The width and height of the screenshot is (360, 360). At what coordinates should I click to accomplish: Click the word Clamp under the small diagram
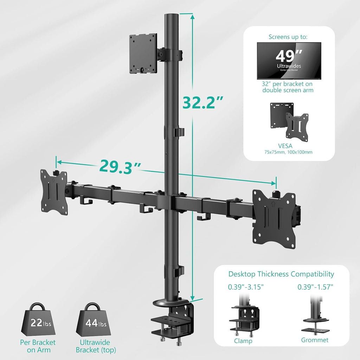tap(243, 340)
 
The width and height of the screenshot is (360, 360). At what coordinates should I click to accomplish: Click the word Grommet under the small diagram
tap(315, 340)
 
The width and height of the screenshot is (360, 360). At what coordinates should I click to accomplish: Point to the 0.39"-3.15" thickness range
tap(246, 287)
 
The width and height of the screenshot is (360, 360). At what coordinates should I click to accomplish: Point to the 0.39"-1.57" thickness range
tap(315, 287)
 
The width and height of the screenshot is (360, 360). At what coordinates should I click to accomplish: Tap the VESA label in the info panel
tap(289, 145)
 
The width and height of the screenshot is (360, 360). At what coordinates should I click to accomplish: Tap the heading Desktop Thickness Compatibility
tap(281, 274)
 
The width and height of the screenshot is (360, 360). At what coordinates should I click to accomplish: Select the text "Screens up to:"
tap(289, 37)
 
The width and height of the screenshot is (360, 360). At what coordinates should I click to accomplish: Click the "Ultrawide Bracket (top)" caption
tap(96, 346)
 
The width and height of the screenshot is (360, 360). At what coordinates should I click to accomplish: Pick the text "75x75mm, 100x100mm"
tap(289, 152)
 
